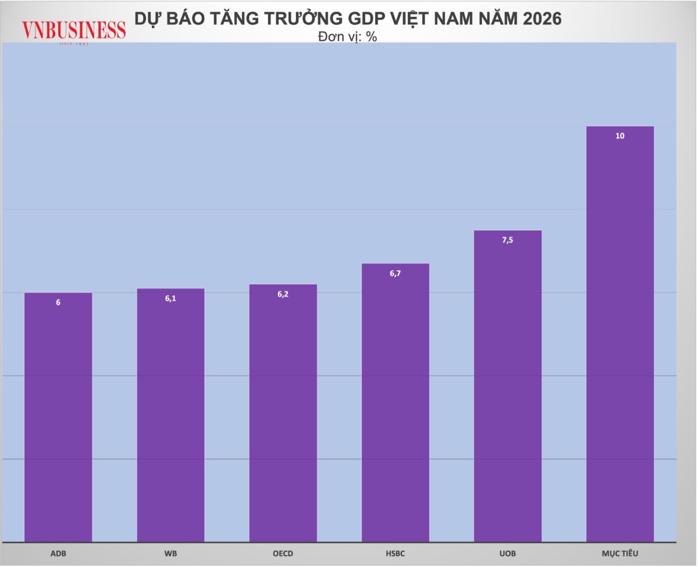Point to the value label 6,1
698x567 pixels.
pyautogui.click(x=170, y=298)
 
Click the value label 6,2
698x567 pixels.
pyautogui.click(x=283, y=294)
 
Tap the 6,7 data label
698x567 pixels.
pyautogui.click(x=396, y=273)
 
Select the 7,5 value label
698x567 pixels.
pyautogui.click(x=508, y=240)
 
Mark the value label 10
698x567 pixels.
pyautogui.click(x=620, y=136)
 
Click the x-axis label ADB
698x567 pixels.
pyautogui.click(x=58, y=554)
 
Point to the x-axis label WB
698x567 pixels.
pyautogui.click(x=170, y=554)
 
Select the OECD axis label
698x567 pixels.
pyautogui.click(x=283, y=554)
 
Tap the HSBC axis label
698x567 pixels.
pyautogui.click(x=396, y=554)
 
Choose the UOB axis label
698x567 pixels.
pyautogui.click(x=508, y=554)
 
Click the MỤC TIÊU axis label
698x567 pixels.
pyautogui.click(x=620, y=554)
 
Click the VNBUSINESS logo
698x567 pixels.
pyautogui.click(x=74, y=31)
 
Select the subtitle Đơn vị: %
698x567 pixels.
pyautogui.click(x=348, y=36)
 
